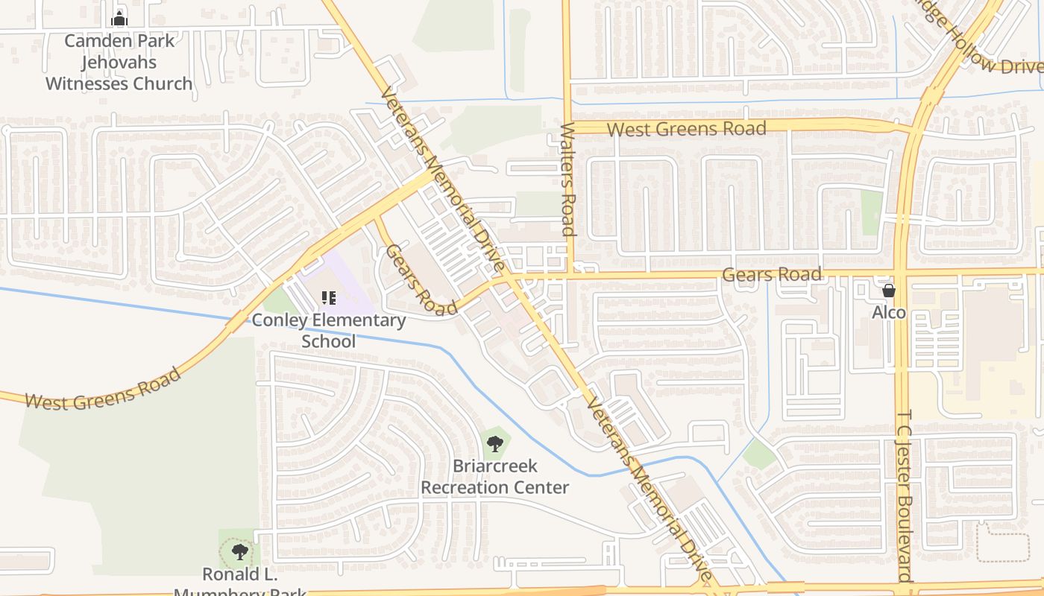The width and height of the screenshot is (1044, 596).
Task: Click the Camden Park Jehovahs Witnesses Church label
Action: pyautogui.click(x=119, y=62)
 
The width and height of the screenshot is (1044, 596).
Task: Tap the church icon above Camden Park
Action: pyautogui.click(x=119, y=19)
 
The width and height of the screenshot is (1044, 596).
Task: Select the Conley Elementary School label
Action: pyautogui.click(x=329, y=331)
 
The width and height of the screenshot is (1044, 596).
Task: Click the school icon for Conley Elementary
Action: pyautogui.click(x=329, y=298)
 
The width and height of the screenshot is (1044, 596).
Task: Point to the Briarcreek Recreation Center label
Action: pyautogui.click(x=495, y=477)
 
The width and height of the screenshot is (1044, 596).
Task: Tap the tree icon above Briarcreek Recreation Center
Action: pyautogui.click(x=494, y=445)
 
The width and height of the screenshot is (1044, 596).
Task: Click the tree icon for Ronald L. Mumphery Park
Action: pyautogui.click(x=239, y=552)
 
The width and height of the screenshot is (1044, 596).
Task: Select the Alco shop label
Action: pyautogui.click(x=889, y=312)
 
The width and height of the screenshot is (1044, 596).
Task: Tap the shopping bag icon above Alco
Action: pyautogui.click(x=889, y=291)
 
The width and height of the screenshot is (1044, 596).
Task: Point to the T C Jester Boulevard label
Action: pyautogui.click(x=905, y=495)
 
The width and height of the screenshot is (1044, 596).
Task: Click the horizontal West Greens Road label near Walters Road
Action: pyautogui.click(x=686, y=129)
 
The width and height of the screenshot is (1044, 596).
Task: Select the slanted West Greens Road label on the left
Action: pyautogui.click(x=103, y=388)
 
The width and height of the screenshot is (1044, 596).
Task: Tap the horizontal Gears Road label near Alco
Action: pyautogui.click(x=772, y=275)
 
